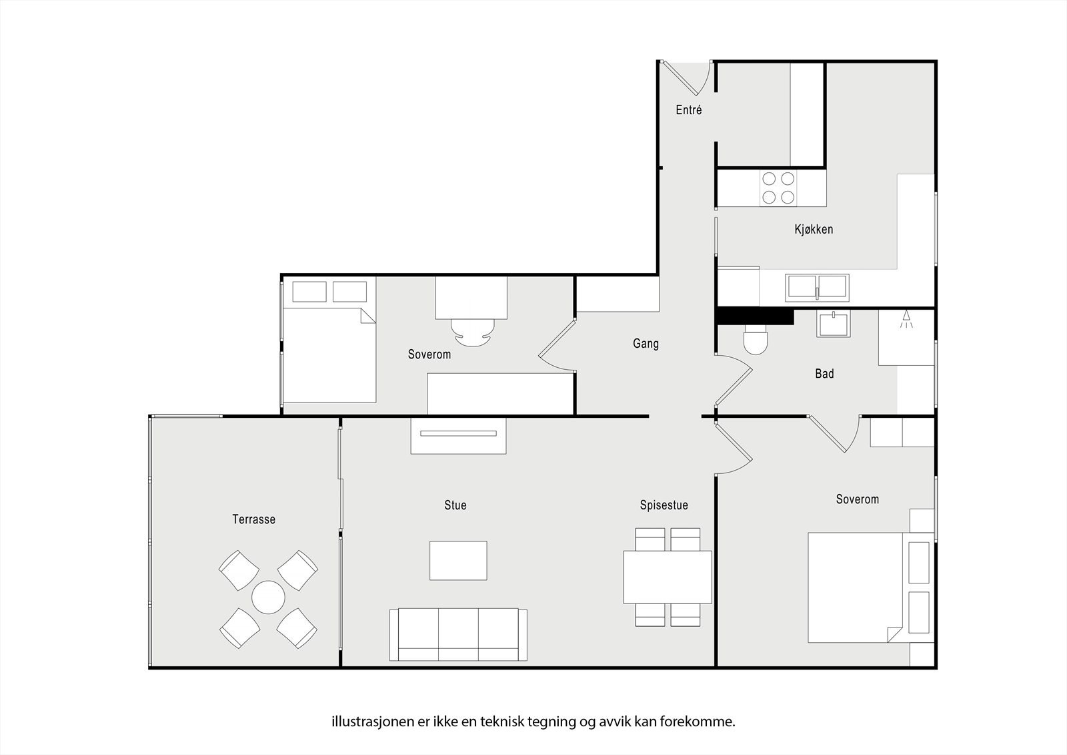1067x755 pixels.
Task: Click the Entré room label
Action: click(689, 110)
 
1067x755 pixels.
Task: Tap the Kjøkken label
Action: click(814, 230)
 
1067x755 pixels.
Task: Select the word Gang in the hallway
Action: click(646, 343)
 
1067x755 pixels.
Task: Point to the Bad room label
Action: click(824, 373)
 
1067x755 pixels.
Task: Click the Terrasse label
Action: click(254, 519)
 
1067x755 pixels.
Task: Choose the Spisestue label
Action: click(664, 505)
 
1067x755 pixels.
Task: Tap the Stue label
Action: click(455, 505)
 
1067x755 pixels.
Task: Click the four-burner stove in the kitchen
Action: click(778, 188)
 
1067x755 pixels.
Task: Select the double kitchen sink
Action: click(817, 288)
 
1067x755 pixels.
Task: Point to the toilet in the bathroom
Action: click(756, 340)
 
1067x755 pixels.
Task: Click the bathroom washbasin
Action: click(833, 323)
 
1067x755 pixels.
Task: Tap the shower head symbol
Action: click(906, 318)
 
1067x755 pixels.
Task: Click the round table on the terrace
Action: click(268, 597)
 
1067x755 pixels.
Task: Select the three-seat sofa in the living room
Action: click(458, 634)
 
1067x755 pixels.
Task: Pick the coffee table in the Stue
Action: click(458, 560)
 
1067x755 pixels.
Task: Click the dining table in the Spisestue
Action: click(668, 577)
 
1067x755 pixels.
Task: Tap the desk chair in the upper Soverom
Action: click(473, 332)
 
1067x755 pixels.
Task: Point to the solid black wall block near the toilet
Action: click(755, 316)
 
